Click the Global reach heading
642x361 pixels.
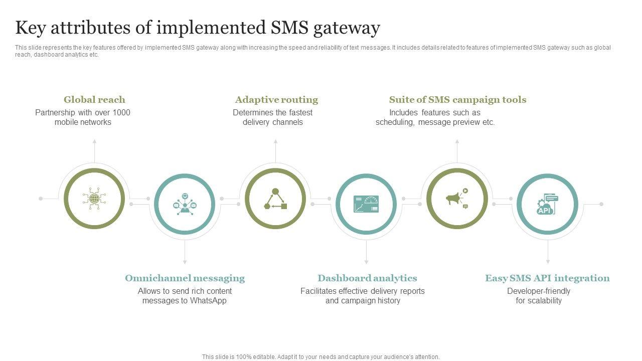pos(94,100)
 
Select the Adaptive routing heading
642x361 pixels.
pos(276,100)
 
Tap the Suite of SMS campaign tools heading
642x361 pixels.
pos(457,100)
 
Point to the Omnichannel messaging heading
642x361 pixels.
pos(185,278)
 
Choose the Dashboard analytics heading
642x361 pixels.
pos(367,278)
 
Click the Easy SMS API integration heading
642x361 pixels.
pos(547,278)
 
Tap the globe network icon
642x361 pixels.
pos(94,199)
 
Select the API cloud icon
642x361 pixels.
pos(547,204)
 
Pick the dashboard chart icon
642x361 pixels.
pos(366,204)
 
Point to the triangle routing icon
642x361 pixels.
pos(275,199)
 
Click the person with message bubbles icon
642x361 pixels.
pos(185,204)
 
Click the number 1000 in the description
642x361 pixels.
pos(121,113)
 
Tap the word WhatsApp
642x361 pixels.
pos(208,301)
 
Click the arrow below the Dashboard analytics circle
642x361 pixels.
pos(366,261)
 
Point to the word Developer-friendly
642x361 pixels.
pos(539,291)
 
